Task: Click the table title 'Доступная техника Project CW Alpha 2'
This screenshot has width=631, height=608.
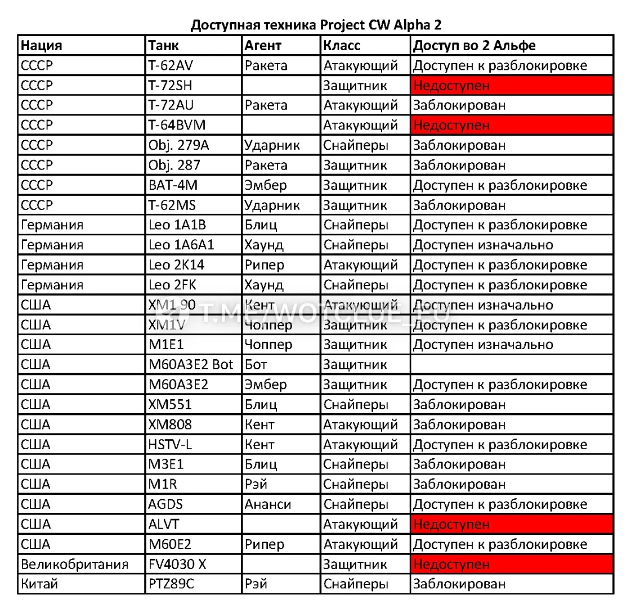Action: click(x=316, y=25)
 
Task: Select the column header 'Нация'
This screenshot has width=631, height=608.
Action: click(x=41, y=46)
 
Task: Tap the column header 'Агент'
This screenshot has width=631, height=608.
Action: click(x=263, y=46)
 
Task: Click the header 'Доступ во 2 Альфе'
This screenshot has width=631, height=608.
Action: click(x=475, y=46)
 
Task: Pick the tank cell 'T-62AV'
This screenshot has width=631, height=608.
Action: click(x=171, y=65)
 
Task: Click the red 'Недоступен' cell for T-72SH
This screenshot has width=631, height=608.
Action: click(x=511, y=86)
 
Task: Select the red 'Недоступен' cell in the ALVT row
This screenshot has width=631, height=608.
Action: click(x=511, y=524)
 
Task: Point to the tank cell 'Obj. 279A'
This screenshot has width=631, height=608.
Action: click(x=178, y=145)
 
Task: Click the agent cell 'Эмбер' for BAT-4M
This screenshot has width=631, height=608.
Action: click(x=266, y=185)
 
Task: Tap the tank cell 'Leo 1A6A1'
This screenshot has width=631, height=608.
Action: click(x=181, y=245)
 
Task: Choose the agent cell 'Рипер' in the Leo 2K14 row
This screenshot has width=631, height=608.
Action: click(x=265, y=265)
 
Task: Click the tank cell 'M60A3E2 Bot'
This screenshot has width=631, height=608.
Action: click(x=191, y=365)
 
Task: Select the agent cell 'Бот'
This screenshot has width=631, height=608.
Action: click(x=256, y=365)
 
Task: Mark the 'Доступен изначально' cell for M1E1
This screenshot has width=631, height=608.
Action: click(x=483, y=345)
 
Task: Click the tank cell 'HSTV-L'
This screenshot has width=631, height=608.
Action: click(x=170, y=444)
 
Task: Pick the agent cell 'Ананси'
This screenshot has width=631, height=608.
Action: click(x=268, y=504)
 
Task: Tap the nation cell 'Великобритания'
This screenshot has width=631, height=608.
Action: click(x=74, y=564)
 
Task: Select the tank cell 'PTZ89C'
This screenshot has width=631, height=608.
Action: click(x=171, y=584)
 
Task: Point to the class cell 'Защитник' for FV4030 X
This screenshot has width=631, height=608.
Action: click(x=355, y=564)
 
